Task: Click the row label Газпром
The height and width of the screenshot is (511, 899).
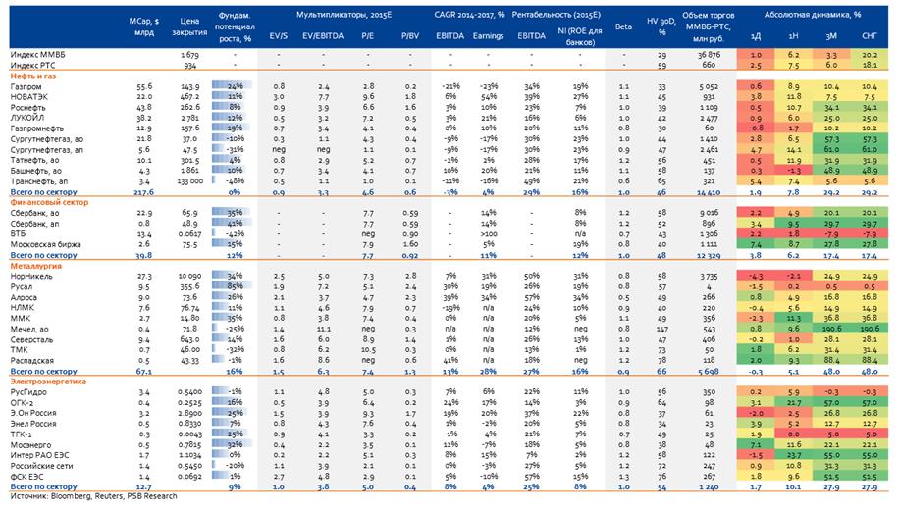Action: point(25,87)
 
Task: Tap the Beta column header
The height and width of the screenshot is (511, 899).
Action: point(623,26)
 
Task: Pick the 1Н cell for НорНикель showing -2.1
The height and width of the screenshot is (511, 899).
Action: point(791,277)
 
